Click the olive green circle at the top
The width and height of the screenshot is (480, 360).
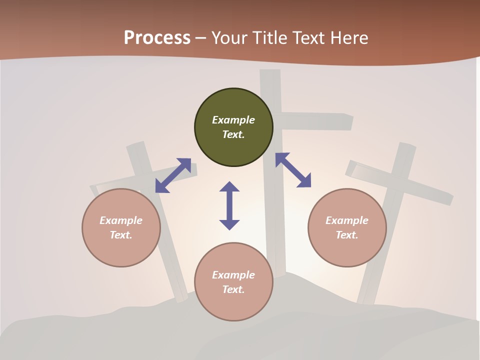coord(233,127)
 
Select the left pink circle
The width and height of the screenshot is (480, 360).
coord(121,228)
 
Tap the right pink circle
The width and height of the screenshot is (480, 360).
coord(347,228)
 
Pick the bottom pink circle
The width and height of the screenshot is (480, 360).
coord(233,282)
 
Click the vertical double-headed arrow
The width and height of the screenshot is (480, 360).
coord(229,205)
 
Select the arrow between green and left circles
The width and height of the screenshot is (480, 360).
coord(173,175)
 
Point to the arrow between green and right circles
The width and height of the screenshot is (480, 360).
coord(293,170)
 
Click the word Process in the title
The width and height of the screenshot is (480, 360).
coord(157,37)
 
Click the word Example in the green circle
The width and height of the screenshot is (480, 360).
coord(233,120)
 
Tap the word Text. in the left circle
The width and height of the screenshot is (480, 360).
coord(121,235)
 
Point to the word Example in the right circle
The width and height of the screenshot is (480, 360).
coord(347,220)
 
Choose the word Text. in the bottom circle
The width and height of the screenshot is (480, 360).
coord(233,289)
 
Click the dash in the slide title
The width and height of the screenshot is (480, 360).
coord(201,38)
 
